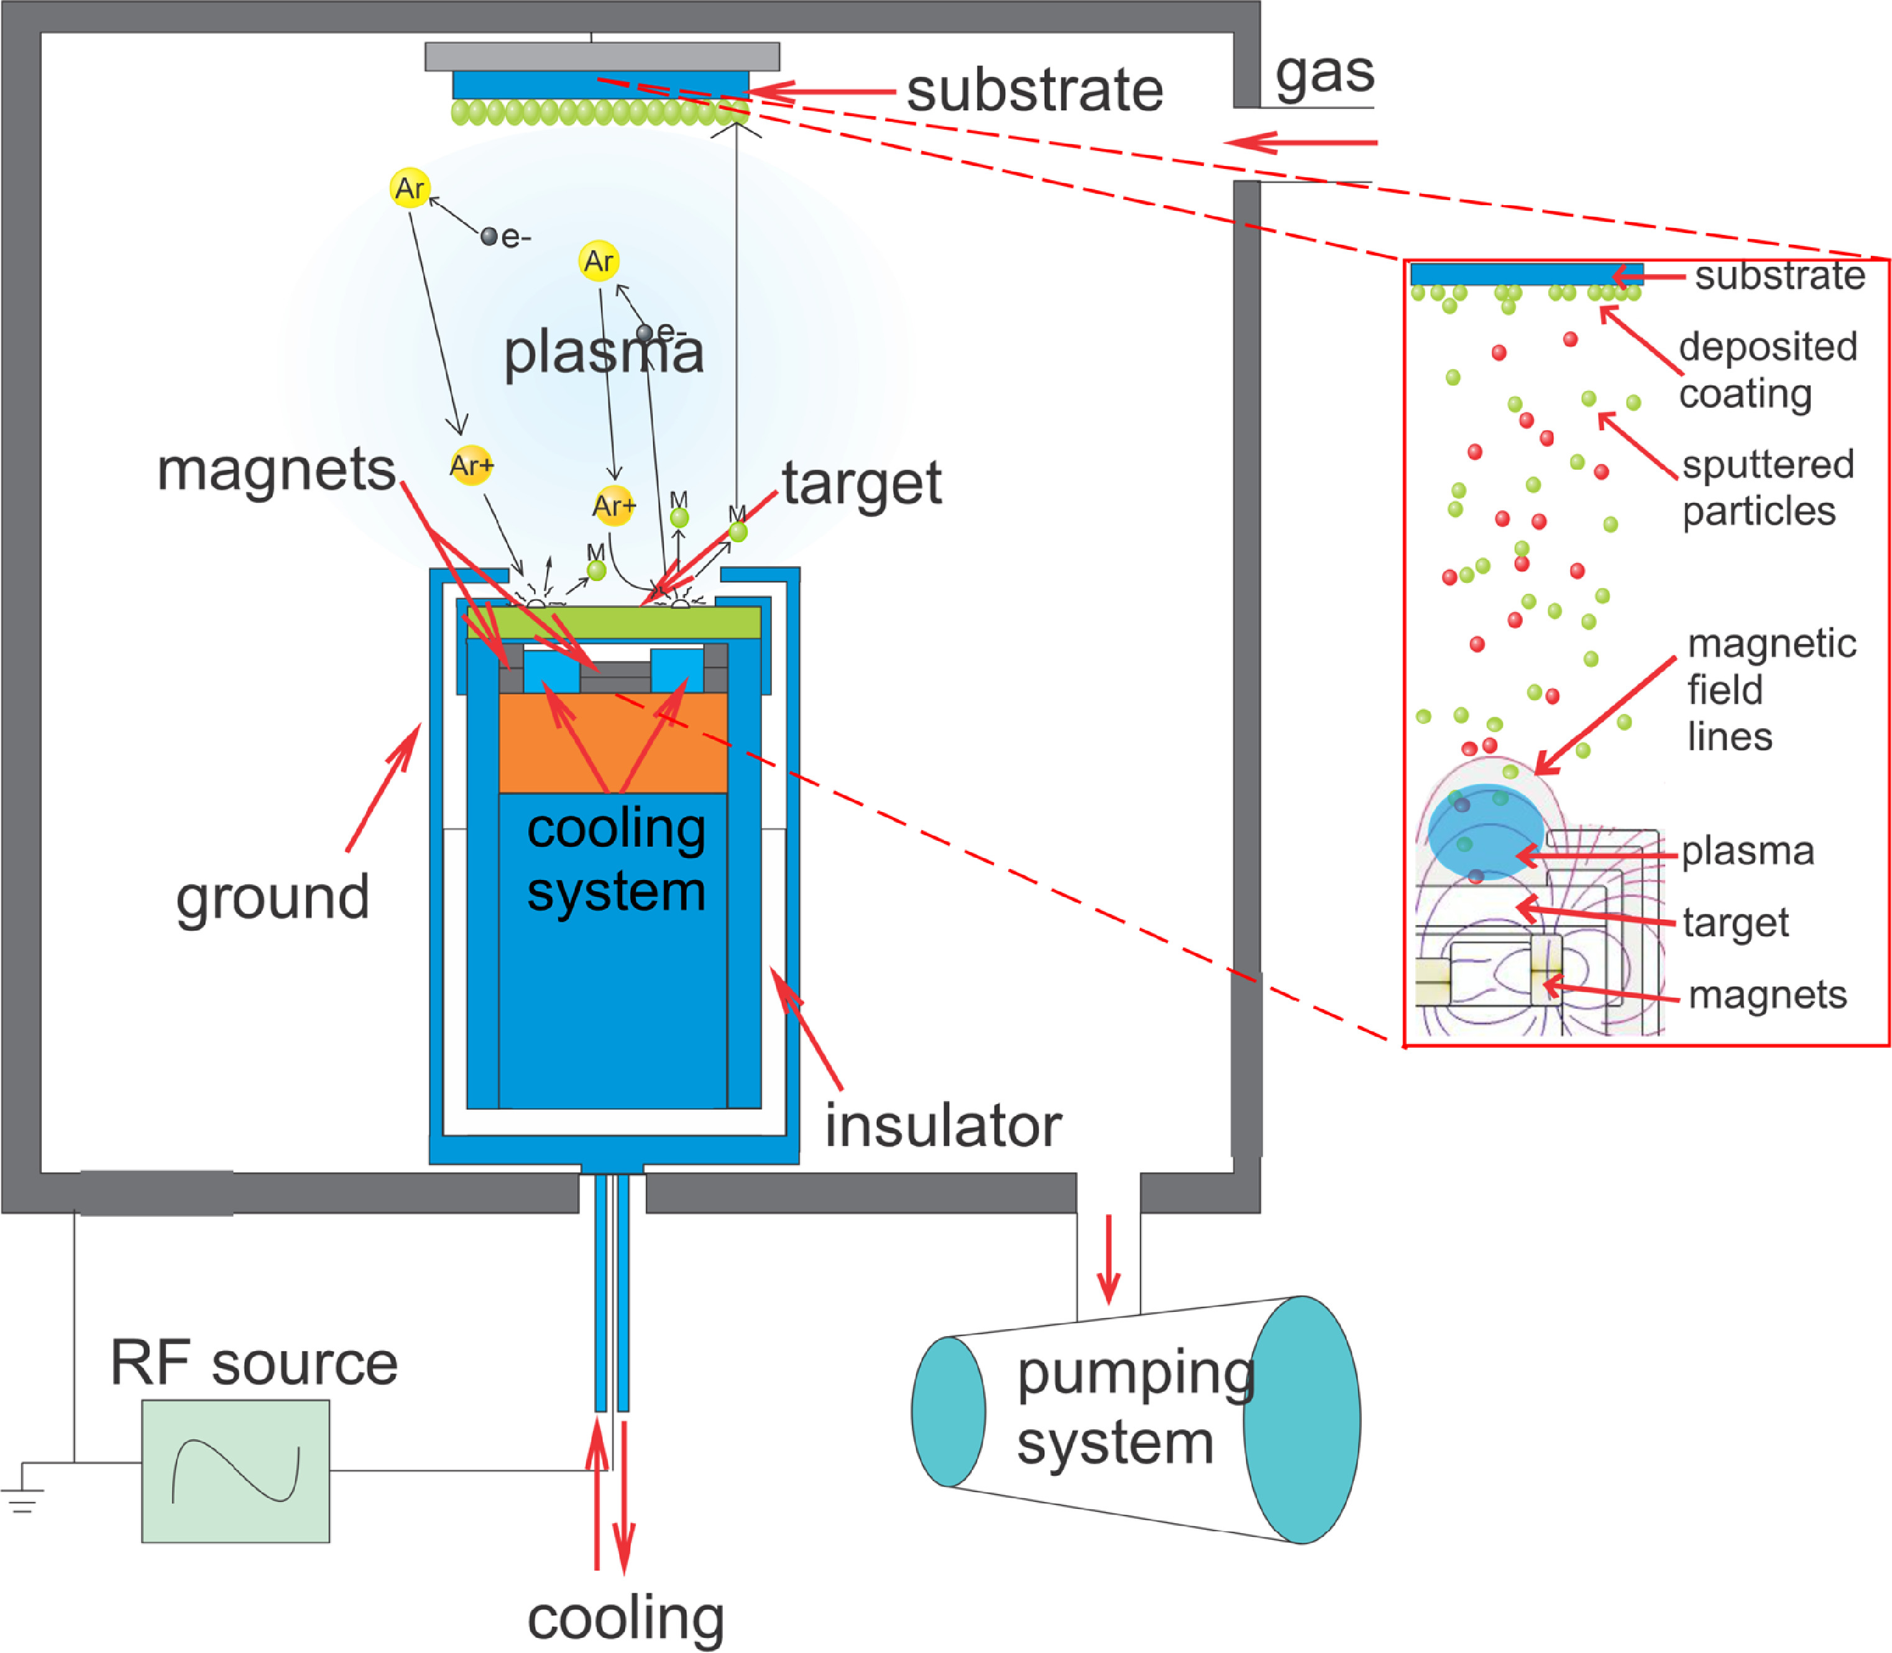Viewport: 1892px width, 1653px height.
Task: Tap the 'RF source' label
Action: pos(254,1363)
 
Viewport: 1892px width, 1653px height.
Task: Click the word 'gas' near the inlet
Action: pos(1324,74)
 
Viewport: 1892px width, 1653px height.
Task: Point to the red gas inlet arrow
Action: pos(1301,143)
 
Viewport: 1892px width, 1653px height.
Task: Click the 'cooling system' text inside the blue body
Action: pos(616,859)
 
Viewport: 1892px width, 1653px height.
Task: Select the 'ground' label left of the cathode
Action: pos(273,897)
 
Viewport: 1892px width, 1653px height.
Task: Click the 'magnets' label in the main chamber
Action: pos(276,470)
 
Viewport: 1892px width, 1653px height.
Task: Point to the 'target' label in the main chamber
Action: pos(861,482)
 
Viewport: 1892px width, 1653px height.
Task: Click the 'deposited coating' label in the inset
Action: pos(1766,370)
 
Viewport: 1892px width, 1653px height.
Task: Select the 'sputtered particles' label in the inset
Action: pos(1766,488)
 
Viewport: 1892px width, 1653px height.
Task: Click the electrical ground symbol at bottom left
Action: pos(22,1497)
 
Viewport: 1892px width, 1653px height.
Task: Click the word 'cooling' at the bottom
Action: pos(625,1618)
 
